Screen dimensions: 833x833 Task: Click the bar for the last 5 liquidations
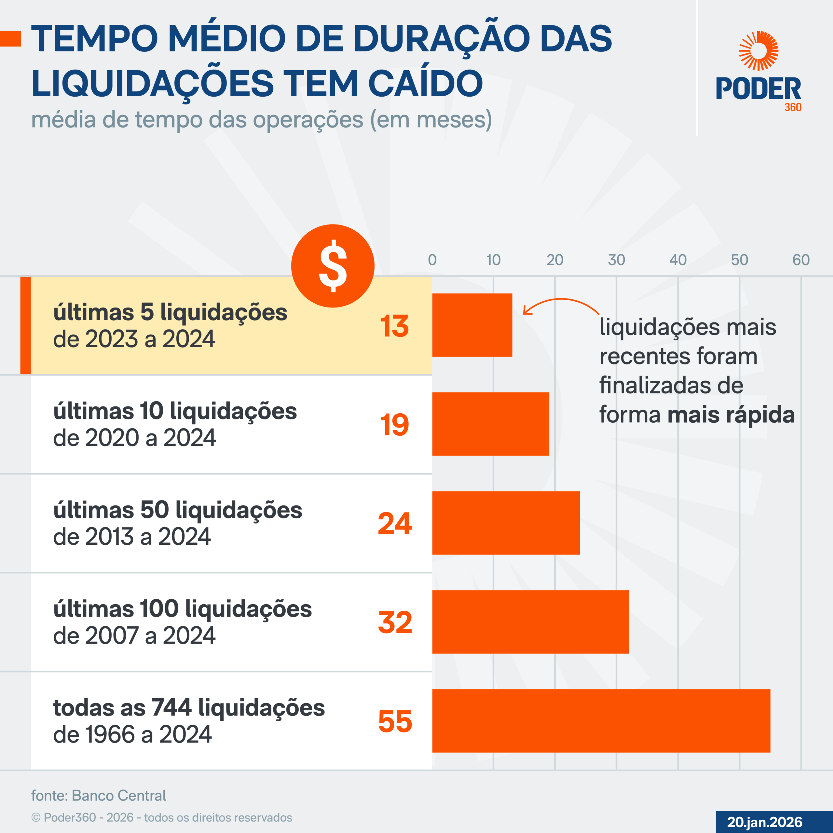[x=472, y=325]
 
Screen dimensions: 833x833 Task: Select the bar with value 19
[x=491, y=424]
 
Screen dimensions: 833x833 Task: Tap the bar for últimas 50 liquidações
[x=506, y=523]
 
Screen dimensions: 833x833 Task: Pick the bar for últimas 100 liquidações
[x=530, y=622]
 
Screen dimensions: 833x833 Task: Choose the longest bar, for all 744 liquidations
[x=601, y=721]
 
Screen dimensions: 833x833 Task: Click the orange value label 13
[x=394, y=326]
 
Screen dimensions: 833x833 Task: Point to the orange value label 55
[x=395, y=721]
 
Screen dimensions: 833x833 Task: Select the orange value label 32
[x=395, y=622]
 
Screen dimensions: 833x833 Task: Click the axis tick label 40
[x=678, y=260]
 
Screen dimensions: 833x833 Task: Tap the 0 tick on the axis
[x=432, y=260]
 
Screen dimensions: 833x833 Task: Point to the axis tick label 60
[x=801, y=260]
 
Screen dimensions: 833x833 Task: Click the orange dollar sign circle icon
[x=333, y=266]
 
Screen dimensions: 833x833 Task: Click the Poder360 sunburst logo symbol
[x=758, y=51]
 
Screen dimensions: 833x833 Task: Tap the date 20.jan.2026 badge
[x=764, y=822]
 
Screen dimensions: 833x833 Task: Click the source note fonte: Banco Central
[x=98, y=796]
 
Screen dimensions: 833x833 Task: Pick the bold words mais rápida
[x=731, y=415]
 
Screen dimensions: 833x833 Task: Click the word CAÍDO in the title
[x=425, y=83]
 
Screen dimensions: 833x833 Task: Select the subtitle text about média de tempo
[x=261, y=119]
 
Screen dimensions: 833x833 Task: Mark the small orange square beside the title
[x=10, y=39]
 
